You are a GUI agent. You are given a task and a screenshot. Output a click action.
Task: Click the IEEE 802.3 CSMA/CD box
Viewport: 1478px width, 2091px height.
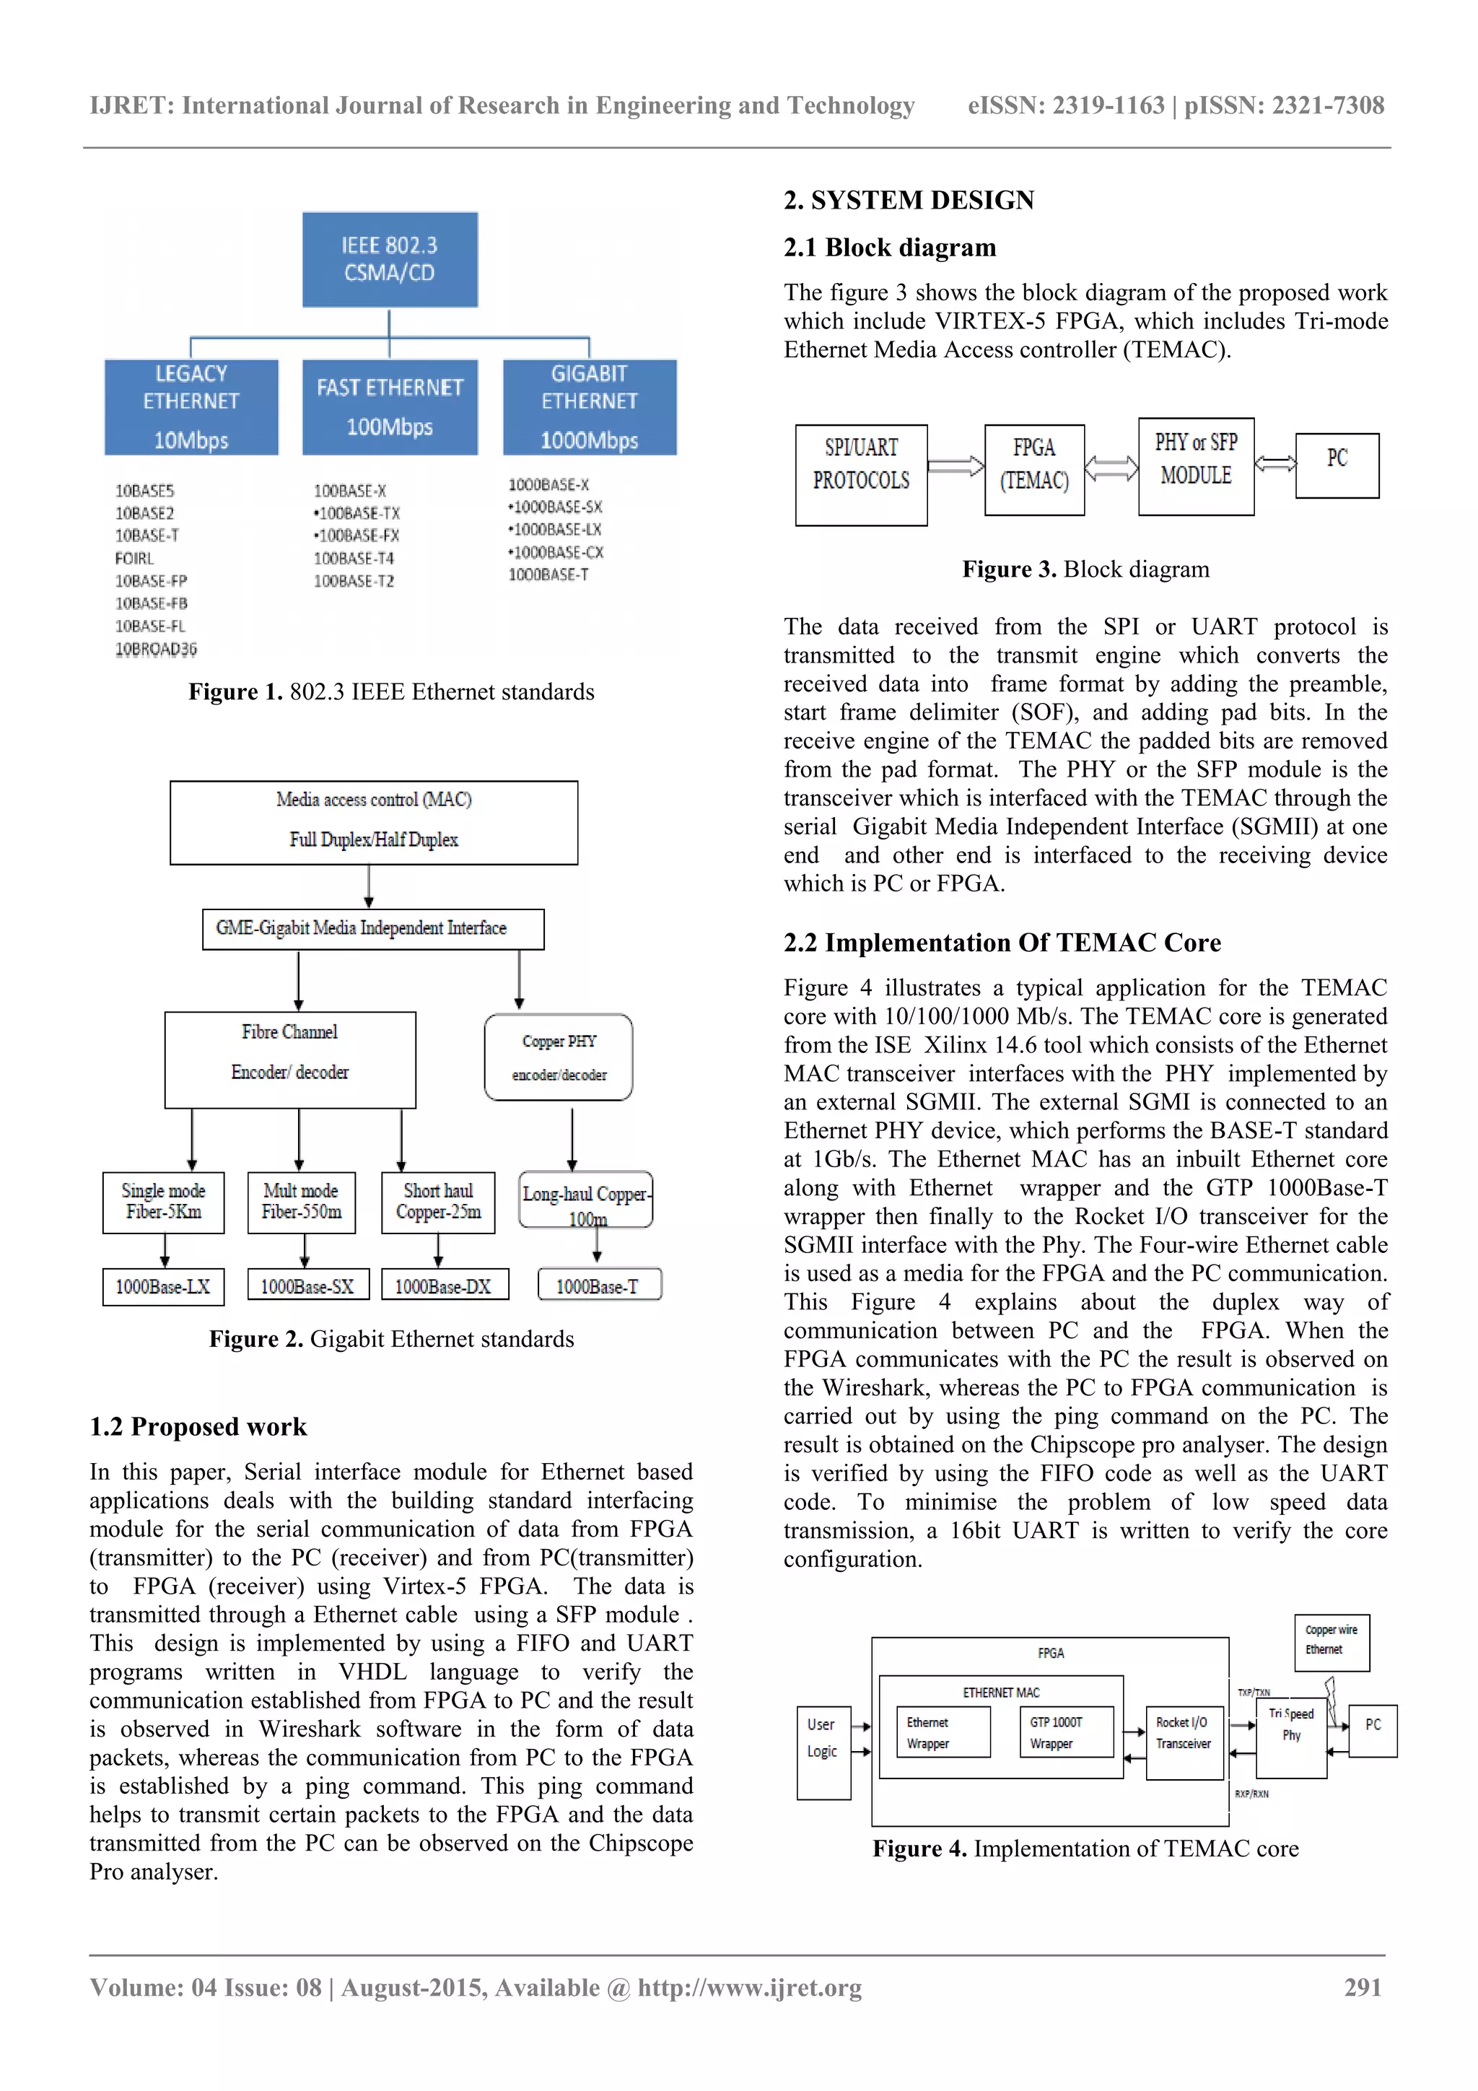coord(390,260)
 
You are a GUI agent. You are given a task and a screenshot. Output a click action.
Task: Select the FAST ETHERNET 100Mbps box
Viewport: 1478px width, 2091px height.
coord(390,407)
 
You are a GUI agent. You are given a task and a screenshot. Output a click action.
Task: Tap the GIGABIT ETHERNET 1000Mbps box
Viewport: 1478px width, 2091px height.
coord(589,407)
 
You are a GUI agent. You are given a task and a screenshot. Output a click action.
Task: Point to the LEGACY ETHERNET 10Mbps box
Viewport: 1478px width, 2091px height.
coord(191,407)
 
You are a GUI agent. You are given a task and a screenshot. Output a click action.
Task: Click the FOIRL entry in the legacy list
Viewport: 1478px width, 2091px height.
coord(135,558)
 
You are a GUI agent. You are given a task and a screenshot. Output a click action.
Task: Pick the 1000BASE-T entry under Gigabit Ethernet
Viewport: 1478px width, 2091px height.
coord(548,575)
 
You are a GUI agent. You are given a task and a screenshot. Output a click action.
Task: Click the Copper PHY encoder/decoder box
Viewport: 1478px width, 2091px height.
coord(559,1057)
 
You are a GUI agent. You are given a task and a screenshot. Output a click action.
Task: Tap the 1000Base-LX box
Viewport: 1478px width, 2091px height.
coord(163,1287)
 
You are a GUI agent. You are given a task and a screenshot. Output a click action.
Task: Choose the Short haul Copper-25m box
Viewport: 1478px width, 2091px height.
coord(438,1202)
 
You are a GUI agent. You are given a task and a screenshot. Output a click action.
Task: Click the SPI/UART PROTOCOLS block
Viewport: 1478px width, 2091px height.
coord(860,474)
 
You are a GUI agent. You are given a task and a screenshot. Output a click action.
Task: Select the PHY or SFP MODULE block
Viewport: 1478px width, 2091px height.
coord(1196,466)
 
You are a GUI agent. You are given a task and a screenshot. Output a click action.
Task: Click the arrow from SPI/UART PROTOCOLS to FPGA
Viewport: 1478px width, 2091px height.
coord(956,466)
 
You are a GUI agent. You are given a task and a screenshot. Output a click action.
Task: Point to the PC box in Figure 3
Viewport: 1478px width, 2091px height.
coord(1337,466)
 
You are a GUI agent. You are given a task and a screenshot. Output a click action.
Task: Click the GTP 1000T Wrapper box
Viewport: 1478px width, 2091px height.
coord(1065,1732)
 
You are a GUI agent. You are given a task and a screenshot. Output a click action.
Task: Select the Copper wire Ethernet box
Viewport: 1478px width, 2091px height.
coord(1331,1642)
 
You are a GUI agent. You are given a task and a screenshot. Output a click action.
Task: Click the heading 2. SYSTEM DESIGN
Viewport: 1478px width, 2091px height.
coord(909,201)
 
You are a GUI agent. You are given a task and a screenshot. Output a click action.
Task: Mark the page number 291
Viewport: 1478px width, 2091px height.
coord(1363,1987)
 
